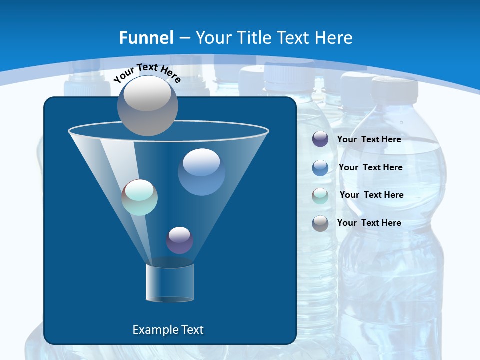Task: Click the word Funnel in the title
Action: tap(146, 38)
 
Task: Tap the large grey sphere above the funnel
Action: tap(148, 105)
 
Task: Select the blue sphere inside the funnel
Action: tap(201, 172)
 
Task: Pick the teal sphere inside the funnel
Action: tap(140, 197)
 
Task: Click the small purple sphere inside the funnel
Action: tap(179, 240)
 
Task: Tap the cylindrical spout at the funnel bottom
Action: tap(170, 283)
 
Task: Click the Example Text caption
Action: tap(168, 330)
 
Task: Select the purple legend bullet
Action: tap(320, 139)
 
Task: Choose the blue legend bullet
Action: tap(320, 167)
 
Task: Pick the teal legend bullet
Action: tap(320, 195)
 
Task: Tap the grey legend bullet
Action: tap(320, 223)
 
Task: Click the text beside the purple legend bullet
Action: tap(369, 139)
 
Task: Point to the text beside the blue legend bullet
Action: tap(370, 167)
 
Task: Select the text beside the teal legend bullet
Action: tap(371, 195)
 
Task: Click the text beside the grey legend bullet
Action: tap(369, 223)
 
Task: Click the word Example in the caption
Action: tap(151, 330)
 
